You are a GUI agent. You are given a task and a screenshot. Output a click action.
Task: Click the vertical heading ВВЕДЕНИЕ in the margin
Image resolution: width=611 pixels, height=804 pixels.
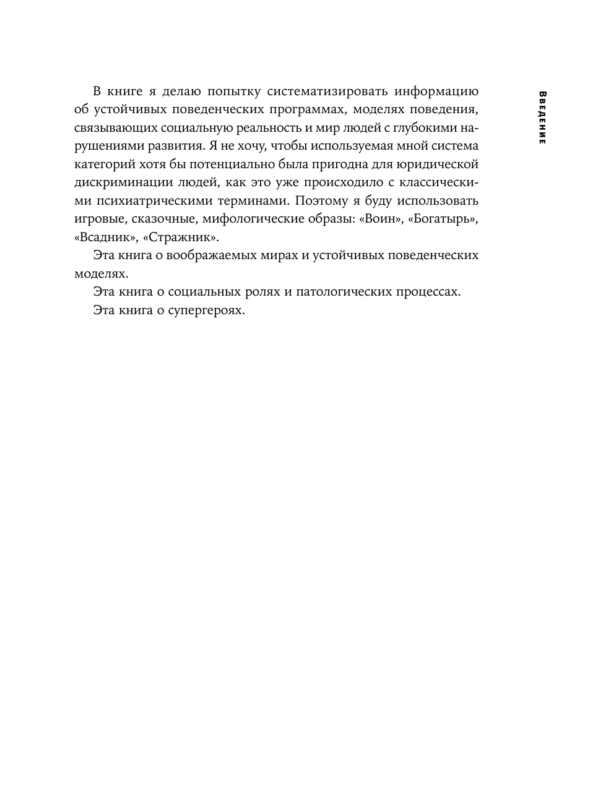click(542, 118)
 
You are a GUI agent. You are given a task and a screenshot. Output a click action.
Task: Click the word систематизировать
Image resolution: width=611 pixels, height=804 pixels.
click(327, 92)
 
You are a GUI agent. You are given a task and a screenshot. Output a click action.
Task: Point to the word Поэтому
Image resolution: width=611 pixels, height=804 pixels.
click(323, 201)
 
